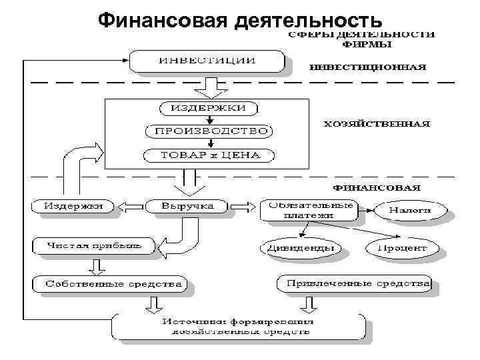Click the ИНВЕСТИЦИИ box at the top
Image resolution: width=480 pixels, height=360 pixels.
(x=207, y=61)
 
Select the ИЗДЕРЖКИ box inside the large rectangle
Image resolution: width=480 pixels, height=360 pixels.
(x=209, y=108)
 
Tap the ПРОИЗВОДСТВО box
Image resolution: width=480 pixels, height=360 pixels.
(x=211, y=131)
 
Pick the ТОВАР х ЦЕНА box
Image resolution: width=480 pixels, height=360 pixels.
(x=210, y=156)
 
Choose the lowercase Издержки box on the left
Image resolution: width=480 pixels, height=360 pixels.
(x=73, y=206)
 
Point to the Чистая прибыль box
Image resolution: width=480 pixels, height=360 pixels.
(x=93, y=245)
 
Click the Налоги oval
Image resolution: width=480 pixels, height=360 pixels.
(x=410, y=210)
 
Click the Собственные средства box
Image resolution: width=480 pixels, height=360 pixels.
(x=113, y=284)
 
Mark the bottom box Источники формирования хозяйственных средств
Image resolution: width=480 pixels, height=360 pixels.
(x=237, y=326)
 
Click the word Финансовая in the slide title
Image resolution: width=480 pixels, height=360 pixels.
(x=163, y=20)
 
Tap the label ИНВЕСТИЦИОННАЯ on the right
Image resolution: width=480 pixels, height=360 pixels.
(x=366, y=67)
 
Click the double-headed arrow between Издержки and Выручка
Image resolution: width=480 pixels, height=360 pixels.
(x=128, y=206)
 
